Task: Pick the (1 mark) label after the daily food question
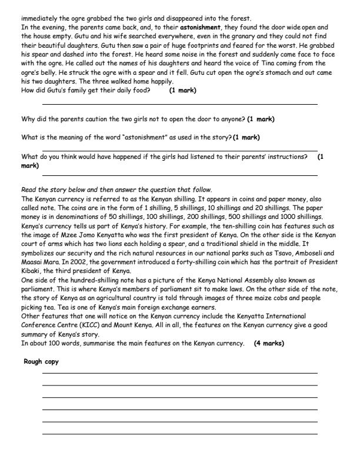pos(182,91)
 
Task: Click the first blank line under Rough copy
pos(179,373)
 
